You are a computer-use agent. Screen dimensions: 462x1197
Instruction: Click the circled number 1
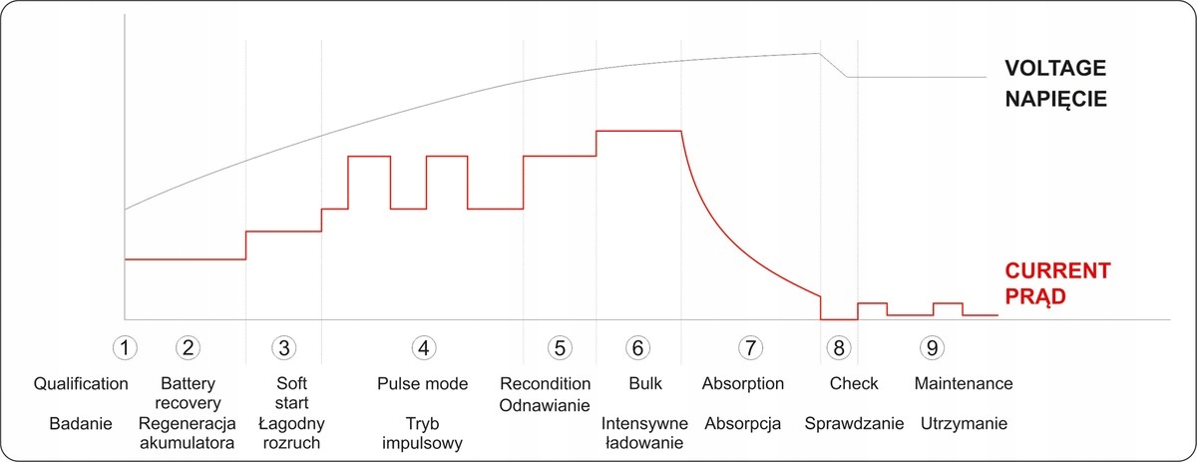click(x=125, y=347)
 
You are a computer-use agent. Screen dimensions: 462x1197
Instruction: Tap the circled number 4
click(x=423, y=347)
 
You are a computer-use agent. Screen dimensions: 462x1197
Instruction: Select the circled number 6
click(x=637, y=347)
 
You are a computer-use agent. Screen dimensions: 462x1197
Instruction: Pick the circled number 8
click(x=839, y=347)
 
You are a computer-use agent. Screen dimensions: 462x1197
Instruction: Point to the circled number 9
click(x=933, y=347)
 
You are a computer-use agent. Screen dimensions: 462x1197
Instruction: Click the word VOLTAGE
click(x=1056, y=69)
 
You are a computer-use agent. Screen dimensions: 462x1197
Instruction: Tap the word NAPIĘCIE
click(x=1056, y=100)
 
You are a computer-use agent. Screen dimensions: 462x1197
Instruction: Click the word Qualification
click(x=81, y=384)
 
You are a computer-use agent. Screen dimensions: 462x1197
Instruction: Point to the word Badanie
click(x=78, y=423)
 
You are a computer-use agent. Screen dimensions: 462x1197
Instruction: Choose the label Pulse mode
click(x=423, y=384)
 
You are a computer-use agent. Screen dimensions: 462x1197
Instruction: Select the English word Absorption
click(x=743, y=384)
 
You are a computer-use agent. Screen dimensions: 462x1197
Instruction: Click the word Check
click(x=854, y=384)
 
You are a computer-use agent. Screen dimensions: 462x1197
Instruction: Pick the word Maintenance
click(x=964, y=384)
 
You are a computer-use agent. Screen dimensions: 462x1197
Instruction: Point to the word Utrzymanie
click(x=965, y=423)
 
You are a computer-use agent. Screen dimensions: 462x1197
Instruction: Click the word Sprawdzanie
click(x=855, y=423)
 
